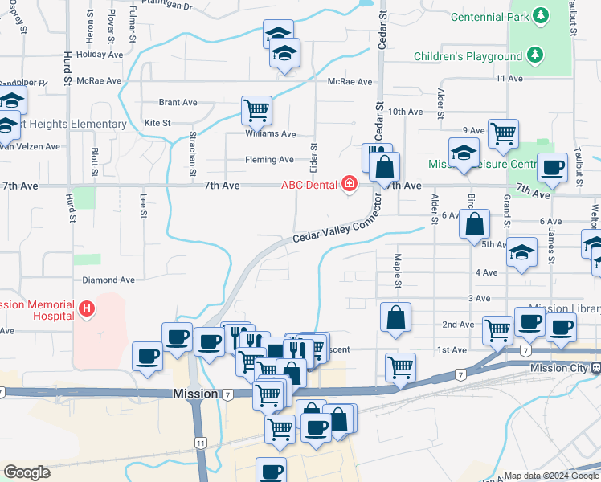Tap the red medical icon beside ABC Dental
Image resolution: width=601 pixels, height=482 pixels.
click(x=349, y=185)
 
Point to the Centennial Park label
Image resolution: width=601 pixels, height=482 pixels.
click(x=489, y=17)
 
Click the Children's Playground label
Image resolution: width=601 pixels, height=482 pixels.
click(x=468, y=56)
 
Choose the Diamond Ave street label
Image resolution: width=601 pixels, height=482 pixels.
click(x=108, y=280)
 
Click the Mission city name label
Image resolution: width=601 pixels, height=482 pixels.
click(x=195, y=394)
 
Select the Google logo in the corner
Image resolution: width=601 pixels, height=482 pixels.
click(x=27, y=472)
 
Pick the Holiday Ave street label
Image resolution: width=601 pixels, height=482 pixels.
click(x=99, y=55)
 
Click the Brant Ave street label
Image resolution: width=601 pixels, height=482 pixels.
click(x=178, y=103)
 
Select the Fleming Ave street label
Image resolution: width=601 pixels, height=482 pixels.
click(x=269, y=160)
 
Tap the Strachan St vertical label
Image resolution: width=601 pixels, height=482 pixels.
click(x=193, y=153)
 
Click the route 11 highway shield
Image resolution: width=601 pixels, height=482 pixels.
click(x=200, y=443)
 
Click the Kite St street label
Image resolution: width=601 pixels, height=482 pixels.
click(x=157, y=123)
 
